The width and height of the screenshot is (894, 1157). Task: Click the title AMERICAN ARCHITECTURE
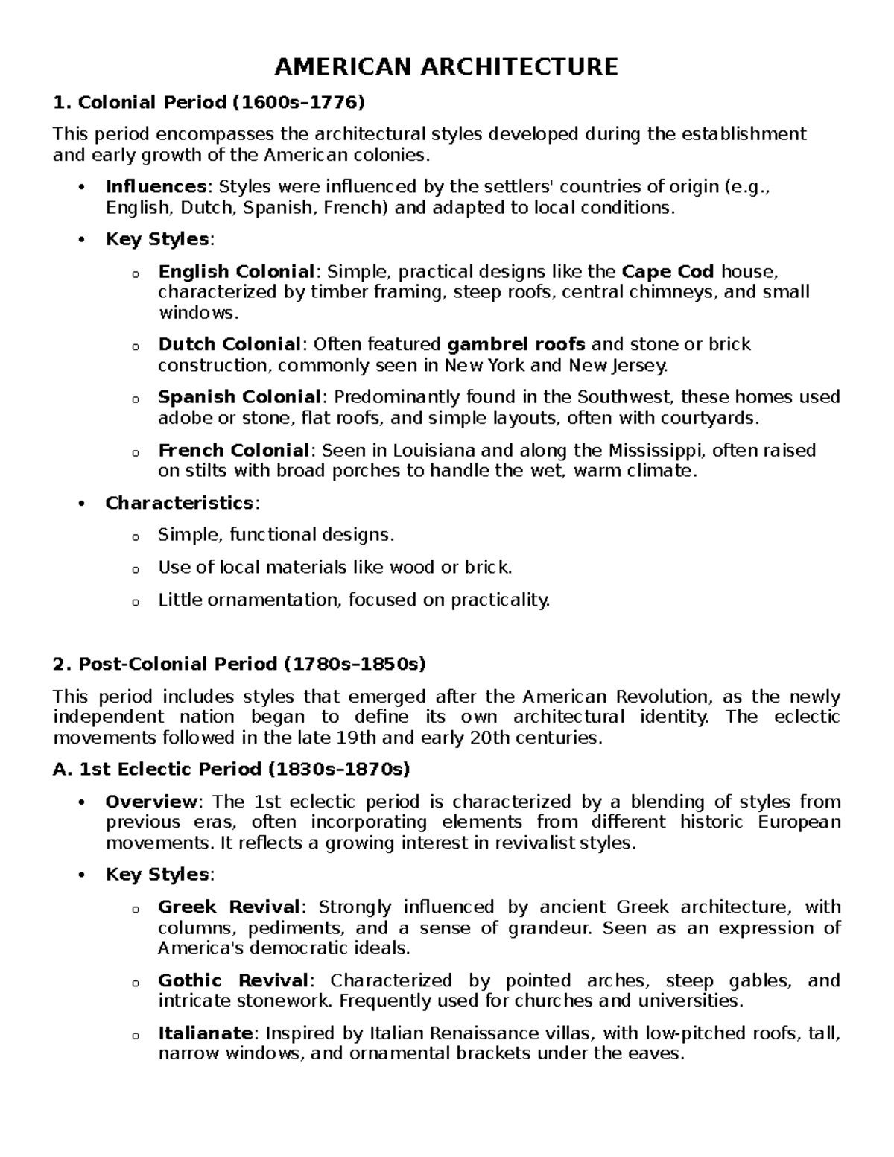click(446, 67)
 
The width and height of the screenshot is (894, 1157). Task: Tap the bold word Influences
click(156, 186)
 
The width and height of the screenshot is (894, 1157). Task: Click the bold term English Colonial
click(236, 271)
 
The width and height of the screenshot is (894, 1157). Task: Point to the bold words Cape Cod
click(668, 271)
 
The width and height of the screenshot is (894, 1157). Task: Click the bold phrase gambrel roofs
click(516, 344)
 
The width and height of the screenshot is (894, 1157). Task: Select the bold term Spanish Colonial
click(239, 397)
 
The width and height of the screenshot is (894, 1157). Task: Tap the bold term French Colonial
click(233, 450)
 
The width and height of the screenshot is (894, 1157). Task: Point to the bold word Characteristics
click(180, 503)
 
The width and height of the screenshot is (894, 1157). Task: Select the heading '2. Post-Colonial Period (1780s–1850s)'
click(239, 663)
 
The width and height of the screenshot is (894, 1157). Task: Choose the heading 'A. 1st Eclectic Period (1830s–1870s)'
click(232, 768)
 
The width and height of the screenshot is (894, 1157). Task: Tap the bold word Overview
click(151, 802)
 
